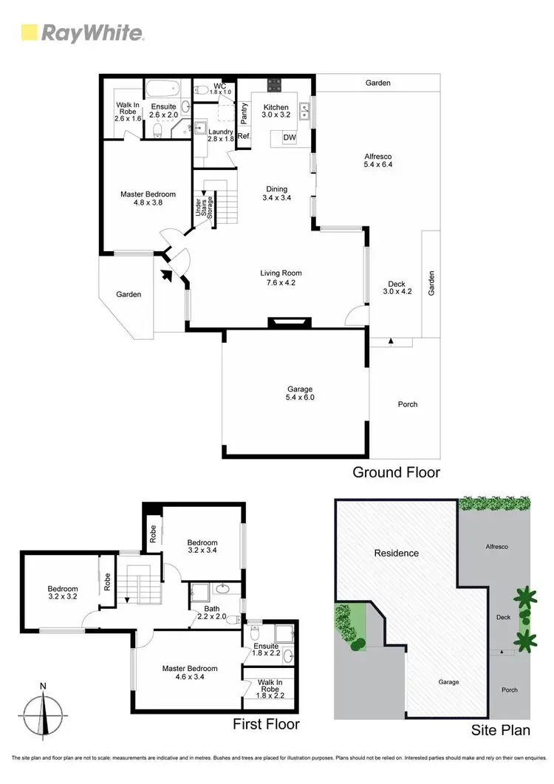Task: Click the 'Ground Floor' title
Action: point(396,472)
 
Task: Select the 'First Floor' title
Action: point(266,724)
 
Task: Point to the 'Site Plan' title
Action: point(501,730)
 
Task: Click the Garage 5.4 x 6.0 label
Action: point(301,393)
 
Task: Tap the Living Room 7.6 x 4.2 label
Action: point(281,277)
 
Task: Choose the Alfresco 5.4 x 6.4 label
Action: point(377,160)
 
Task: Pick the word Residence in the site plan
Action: point(396,553)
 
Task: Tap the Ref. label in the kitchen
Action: point(244,136)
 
